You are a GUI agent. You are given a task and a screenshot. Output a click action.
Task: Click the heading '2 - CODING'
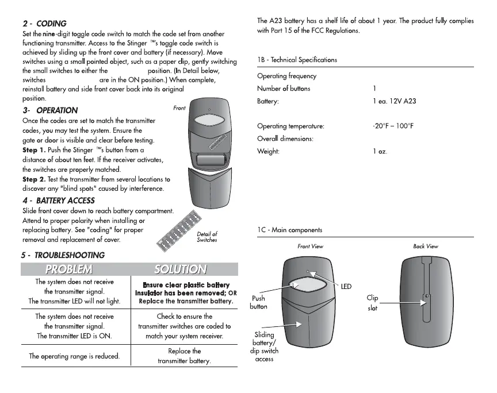pyautogui.click(x=44, y=24)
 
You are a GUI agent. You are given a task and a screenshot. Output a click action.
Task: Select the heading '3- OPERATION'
pyautogui.click(x=49, y=110)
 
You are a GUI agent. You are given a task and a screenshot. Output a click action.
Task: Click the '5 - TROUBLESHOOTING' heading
pyautogui.click(x=63, y=255)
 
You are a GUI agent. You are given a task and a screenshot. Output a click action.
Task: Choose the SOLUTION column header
pyautogui.click(x=181, y=269)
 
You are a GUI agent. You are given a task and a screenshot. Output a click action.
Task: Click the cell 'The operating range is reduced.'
pyautogui.click(x=75, y=356)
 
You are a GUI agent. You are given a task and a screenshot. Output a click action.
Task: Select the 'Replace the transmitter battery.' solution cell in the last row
pyautogui.click(x=185, y=356)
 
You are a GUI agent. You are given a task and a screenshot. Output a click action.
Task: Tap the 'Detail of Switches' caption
pyautogui.click(x=207, y=237)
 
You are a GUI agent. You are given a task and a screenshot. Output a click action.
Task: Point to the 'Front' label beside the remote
pyautogui.click(x=179, y=108)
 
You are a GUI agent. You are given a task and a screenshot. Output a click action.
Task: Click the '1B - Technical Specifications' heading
pyautogui.click(x=297, y=60)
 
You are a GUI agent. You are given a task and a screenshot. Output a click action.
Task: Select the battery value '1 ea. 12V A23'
pyautogui.click(x=395, y=101)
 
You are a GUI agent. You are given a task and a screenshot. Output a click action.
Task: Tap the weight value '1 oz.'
pyautogui.click(x=383, y=152)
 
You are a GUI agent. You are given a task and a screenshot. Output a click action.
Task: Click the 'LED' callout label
pyautogui.click(x=346, y=286)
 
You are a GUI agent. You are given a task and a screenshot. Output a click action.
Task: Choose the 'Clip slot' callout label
pyautogui.click(x=372, y=303)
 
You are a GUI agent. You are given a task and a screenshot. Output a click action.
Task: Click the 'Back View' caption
pyautogui.click(x=425, y=246)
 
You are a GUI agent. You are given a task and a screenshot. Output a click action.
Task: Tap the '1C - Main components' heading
pyautogui.click(x=289, y=230)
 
